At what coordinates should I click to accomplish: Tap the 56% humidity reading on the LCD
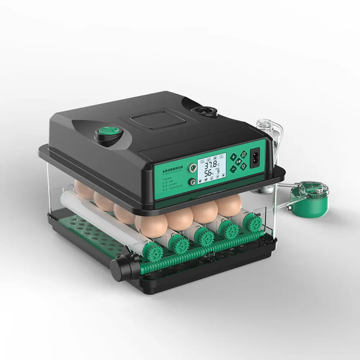[x=208, y=174]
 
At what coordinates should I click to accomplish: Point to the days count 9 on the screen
[x=218, y=172]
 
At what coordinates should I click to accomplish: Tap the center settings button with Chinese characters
[x=238, y=162]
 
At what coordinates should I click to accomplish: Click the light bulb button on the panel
[x=244, y=166]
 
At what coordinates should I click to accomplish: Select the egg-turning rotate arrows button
[x=243, y=155]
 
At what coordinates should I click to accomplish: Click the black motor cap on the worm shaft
[x=119, y=268]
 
